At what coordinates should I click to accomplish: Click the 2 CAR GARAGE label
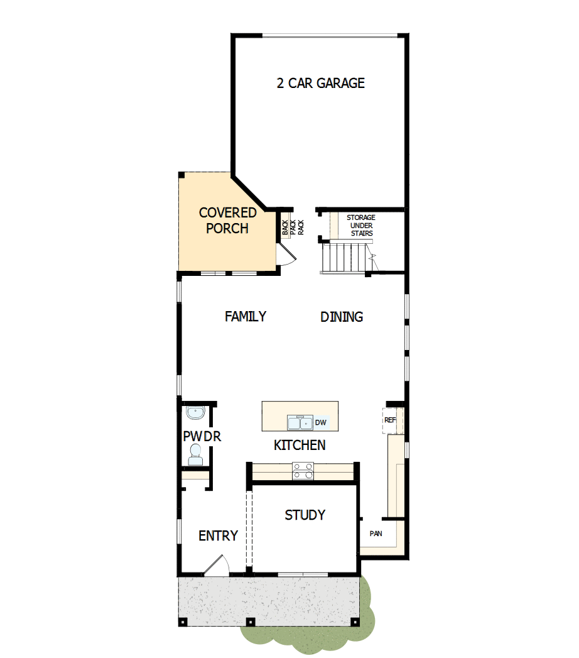point(320,83)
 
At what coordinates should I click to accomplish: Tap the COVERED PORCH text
point(227,221)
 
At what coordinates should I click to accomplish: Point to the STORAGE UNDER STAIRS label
point(361,226)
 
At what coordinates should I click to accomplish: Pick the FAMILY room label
point(246,316)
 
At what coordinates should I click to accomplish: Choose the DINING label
point(342,317)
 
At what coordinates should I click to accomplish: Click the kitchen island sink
point(300,422)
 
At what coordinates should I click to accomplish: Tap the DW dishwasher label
point(320,422)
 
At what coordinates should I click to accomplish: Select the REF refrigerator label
point(389,420)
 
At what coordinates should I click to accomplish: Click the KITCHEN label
point(300,445)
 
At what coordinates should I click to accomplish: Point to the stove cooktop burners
point(303,471)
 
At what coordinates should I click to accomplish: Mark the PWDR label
point(202,436)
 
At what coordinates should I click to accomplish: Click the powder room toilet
point(195,454)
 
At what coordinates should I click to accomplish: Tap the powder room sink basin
point(195,414)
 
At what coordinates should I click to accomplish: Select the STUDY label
point(305,515)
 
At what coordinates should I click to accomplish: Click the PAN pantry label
point(376,534)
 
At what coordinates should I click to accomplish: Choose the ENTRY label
point(218,535)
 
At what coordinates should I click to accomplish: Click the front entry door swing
point(217,564)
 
